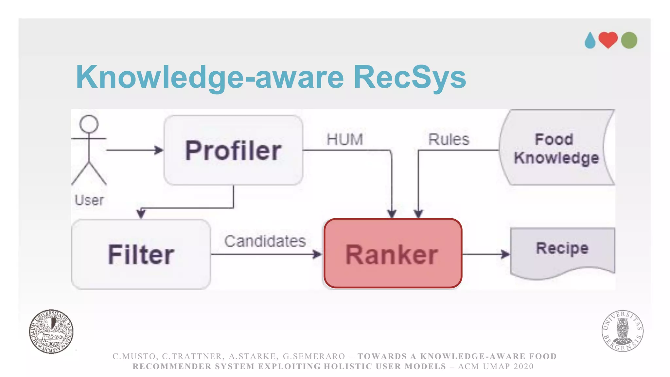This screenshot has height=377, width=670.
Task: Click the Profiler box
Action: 233,150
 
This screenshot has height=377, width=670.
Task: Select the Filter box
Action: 141,254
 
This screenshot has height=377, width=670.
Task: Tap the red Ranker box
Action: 393,254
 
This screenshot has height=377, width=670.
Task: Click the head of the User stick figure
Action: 89,124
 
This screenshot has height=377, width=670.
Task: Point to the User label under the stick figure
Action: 89,200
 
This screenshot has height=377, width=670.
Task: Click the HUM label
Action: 345,139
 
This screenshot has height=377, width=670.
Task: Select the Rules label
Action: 449,139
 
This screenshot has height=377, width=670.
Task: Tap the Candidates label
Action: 265,241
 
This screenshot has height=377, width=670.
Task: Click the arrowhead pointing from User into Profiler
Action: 159,150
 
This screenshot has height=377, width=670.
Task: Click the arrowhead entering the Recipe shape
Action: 506,254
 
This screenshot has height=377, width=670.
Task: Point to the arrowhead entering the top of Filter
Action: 141,214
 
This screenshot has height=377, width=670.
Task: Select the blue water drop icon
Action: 590,41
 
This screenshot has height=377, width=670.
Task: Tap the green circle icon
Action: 629,40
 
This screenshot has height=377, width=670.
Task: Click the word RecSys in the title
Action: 410,77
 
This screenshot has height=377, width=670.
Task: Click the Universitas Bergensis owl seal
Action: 622,331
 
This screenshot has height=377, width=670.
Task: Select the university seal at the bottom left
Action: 51,331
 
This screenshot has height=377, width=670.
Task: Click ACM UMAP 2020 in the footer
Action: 496,366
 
